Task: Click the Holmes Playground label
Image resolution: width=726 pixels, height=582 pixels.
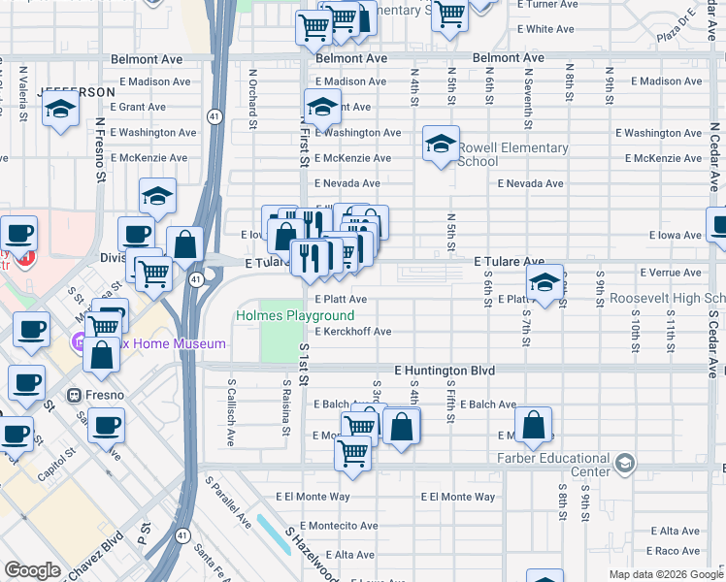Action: (x=295, y=316)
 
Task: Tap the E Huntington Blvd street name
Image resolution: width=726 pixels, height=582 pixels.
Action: (x=445, y=371)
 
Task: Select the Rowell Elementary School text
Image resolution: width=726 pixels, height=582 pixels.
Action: (x=512, y=154)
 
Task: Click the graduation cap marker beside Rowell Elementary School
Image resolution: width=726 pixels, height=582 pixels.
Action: (x=441, y=145)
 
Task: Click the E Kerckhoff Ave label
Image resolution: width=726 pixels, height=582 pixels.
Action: (x=352, y=332)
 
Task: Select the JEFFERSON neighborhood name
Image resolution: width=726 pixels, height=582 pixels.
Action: (x=77, y=92)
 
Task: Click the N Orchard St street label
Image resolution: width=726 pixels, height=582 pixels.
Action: (x=253, y=98)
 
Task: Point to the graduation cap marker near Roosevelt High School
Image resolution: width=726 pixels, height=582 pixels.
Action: (x=544, y=282)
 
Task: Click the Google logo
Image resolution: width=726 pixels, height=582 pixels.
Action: (x=32, y=570)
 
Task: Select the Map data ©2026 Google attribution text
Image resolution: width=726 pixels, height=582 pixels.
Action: (x=666, y=574)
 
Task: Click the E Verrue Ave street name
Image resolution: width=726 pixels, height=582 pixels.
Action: (x=670, y=274)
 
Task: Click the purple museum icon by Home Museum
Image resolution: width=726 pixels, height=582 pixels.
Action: (x=79, y=341)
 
